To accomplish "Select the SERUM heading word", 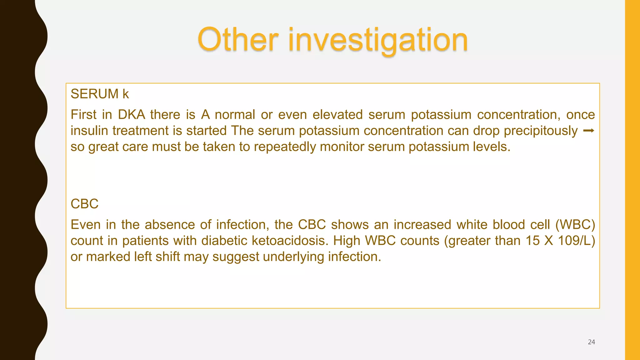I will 95,94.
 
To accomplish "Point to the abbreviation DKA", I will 132,115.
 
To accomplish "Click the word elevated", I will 337,115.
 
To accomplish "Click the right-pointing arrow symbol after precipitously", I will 589,131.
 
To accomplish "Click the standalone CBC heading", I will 84,204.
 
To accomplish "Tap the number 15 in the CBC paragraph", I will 532,241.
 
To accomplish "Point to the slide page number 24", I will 591,342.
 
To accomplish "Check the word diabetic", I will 224,241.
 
